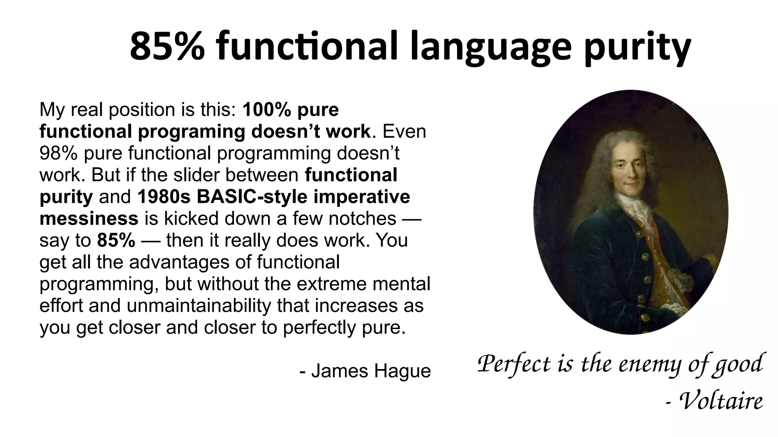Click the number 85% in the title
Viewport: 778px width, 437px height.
point(167,47)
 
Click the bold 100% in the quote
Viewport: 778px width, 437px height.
point(266,110)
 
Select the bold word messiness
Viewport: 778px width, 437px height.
point(89,219)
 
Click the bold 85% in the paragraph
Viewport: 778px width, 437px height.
point(116,241)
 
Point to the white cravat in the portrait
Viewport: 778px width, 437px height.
point(633,207)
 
